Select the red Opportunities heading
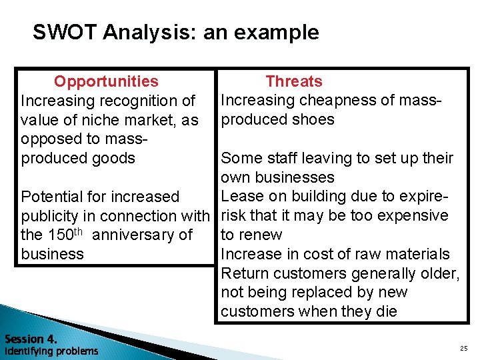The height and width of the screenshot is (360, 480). tap(106, 81)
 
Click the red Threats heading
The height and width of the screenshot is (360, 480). tap(293, 81)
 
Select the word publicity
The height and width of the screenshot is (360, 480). tap(50, 216)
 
